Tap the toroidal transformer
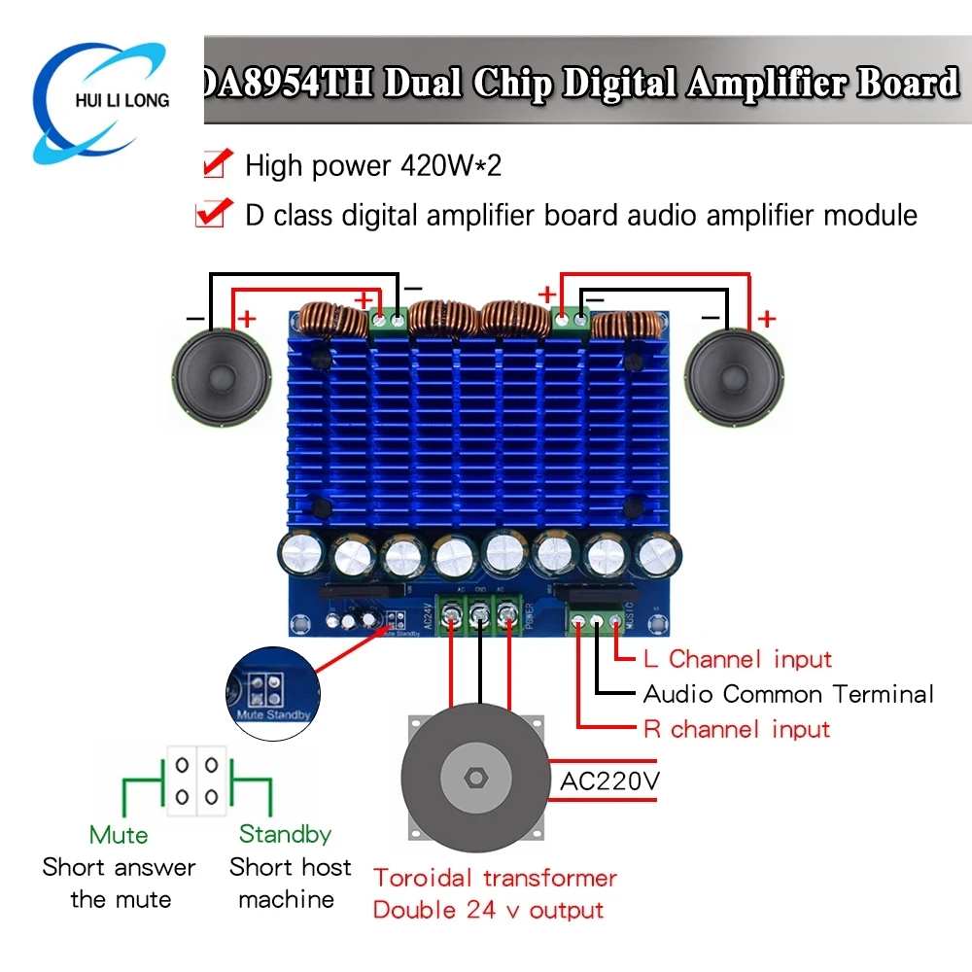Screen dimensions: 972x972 (476, 777)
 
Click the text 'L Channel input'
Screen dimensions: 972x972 (738, 659)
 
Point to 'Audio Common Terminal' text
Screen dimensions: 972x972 (788, 694)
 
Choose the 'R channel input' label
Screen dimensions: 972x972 (737, 729)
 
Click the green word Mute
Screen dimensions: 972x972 (119, 834)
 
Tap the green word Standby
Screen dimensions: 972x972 (285, 834)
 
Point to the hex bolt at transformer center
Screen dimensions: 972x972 (476, 778)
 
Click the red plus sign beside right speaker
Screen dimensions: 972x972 (768, 318)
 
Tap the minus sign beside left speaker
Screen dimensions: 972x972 (195, 318)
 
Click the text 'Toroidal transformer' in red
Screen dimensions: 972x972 (495, 878)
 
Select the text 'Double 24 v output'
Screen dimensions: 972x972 (488, 911)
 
